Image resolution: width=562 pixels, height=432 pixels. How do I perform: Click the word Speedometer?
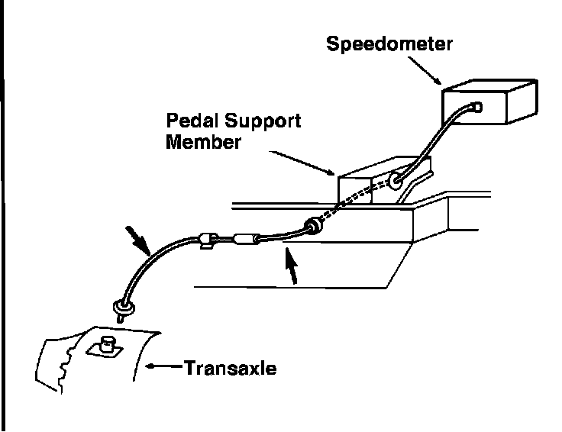click(x=389, y=43)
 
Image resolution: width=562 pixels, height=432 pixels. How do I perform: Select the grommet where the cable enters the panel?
click(x=312, y=227)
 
